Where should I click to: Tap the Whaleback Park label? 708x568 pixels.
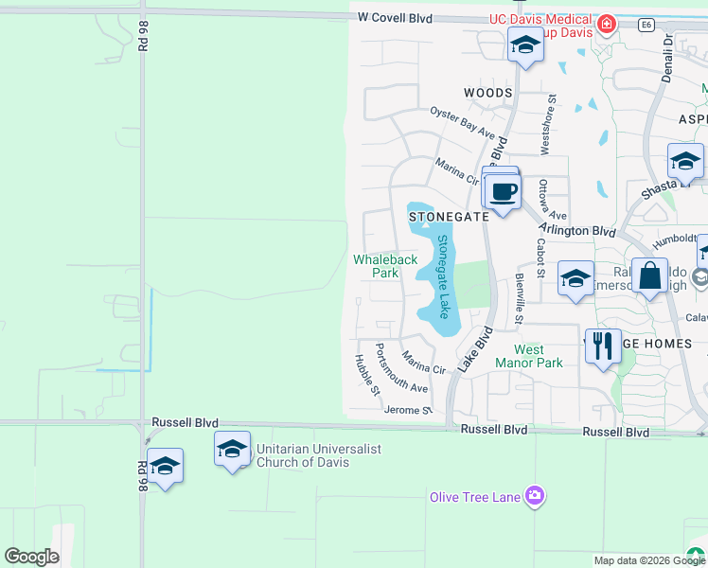pos(384,266)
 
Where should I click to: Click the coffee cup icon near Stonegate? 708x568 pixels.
pos(504,192)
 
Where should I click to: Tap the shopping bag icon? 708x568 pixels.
pos(649,277)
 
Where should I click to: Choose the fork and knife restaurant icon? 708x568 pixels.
pos(602,346)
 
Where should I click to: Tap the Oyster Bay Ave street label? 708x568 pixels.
pos(462,120)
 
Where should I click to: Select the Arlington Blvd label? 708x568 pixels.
pos(577,230)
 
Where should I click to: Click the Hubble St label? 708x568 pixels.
pos(366,374)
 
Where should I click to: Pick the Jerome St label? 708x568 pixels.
pos(408,410)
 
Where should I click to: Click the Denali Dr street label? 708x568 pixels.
pos(667,59)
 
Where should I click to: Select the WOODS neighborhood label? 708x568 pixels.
pos(487,93)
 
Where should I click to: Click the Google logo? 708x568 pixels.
pos(31,556)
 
